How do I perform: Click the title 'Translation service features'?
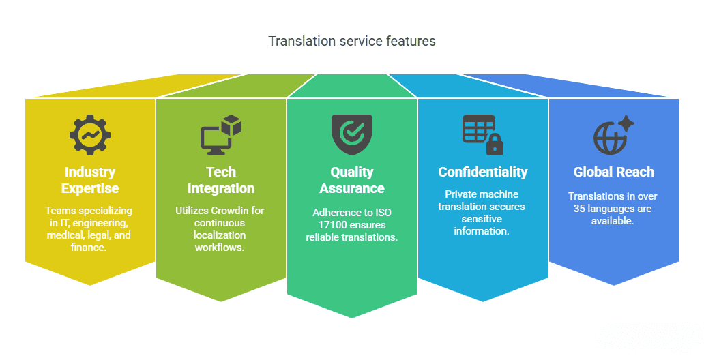[352, 41]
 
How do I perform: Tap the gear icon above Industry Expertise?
[90, 135]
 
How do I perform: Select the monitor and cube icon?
[221, 135]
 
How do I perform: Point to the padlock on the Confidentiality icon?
[495, 144]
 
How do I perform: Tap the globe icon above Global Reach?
[610, 138]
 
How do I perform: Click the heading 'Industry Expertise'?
[90, 180]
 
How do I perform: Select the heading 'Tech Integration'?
[221, 180]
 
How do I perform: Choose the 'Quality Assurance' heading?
[352, 180]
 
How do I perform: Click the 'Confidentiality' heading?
[483, 172]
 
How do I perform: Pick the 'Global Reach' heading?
[614, 172]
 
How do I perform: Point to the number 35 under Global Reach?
[578, 209]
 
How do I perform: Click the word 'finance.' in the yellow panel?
[89, 247]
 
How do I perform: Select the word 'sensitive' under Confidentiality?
[482, 219]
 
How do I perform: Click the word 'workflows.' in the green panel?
[220, 247]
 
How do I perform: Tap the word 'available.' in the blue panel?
[613, 221]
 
